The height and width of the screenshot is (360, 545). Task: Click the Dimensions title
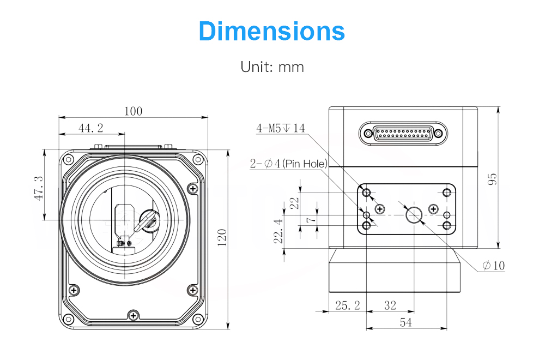pos(272,31)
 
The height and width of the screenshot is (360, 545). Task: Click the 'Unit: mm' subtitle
pos(272,67)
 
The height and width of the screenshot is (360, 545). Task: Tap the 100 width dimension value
pos(134,111)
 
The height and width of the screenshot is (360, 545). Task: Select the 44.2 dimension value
pos(90,128)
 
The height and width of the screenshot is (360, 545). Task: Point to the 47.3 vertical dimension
pos(39,188)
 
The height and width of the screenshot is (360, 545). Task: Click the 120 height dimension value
pos(222,238)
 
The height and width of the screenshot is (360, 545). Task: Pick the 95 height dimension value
pos(493,179)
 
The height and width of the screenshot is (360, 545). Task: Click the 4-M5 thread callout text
pos(281,128)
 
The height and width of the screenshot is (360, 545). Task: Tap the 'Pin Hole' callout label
pos(305,164)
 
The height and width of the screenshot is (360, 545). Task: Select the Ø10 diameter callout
pos(494,266)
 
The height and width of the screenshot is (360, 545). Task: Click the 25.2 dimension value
pos(348,305)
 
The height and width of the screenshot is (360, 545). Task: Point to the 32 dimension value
pos(390,305)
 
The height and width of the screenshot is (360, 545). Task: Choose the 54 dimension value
pos(405,322)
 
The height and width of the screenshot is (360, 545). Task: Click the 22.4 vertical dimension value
pos(278,231)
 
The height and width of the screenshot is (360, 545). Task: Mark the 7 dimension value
pos(311,219)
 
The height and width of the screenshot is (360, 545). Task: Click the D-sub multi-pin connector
pos(403,133)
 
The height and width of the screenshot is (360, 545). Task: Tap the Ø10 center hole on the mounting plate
pos(414,215)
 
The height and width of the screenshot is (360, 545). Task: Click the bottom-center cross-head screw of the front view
pos(134,316)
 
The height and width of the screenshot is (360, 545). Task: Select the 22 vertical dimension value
pos(294,203)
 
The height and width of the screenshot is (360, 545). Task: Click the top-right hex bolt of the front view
pos(198,160)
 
